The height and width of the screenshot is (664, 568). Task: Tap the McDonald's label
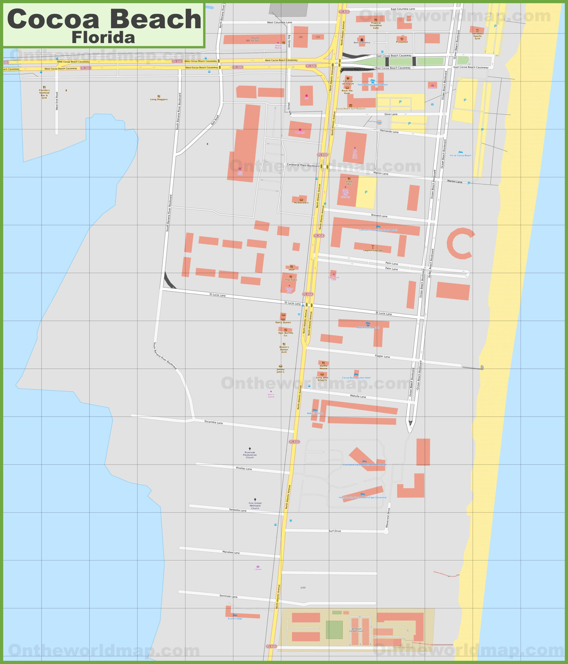[x=301, y=203]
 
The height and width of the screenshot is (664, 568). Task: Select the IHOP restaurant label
[x=291, y=269]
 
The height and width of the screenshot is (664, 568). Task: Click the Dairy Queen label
[x=283, y=322]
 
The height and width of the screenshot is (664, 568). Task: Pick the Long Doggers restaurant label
[x=159, y=99]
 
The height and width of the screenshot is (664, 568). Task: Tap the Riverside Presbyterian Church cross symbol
[x=250, y=449]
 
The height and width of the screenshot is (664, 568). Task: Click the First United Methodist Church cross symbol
[x=255, y=499]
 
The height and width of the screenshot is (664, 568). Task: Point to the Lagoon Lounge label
[x=373, y=250]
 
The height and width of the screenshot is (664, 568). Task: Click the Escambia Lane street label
[x=214, y=422]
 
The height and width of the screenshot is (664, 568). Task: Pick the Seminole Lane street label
[x=228, y=596]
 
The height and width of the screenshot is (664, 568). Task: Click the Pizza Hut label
[x=402, y=42]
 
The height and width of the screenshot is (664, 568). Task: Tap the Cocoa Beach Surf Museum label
[x=350, y=109]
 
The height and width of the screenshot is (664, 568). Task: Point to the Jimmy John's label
[x=280, y=371]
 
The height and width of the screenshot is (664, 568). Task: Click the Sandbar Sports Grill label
[x=477, y=36]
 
